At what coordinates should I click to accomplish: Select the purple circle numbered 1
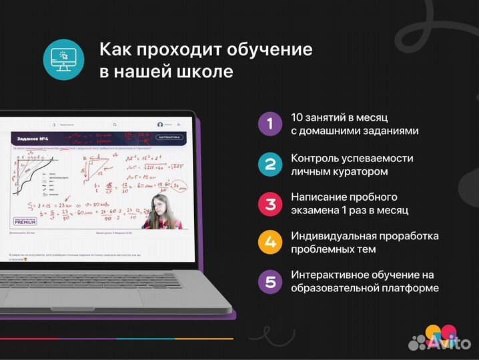coord(270,123)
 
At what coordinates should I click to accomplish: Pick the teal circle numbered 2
coord(270,164)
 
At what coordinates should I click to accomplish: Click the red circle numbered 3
coord(270,203)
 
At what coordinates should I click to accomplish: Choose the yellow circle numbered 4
coord(270,242)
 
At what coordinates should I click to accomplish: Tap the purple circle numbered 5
coord(270,281)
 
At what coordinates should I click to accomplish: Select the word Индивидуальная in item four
coord(336,236)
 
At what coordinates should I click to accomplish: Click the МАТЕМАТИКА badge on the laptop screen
coord(169,137)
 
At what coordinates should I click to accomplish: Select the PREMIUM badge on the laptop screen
coord(25,222)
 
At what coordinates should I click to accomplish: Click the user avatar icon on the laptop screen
coord(160,125)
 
